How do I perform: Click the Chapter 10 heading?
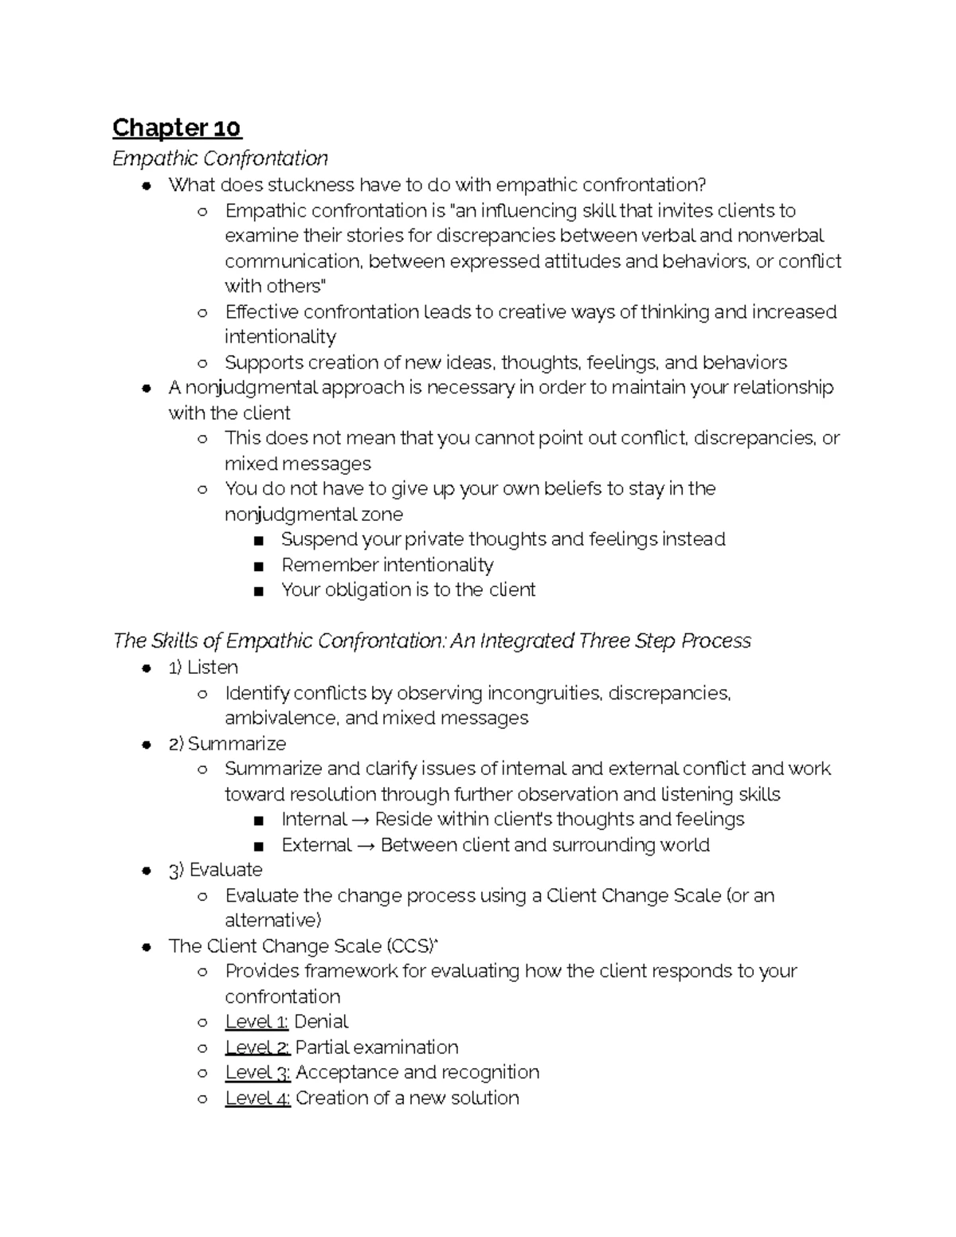point(177,127)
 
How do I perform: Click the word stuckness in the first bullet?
point(311,186)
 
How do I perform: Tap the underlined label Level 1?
point(257,1022)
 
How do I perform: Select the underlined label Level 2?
point(257,1047)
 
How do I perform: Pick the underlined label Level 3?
point(257,1073)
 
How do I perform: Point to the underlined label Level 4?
point(257,1098)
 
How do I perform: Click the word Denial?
point(321,1022)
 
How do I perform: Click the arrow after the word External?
point(366,845)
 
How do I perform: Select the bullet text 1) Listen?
point(203,667)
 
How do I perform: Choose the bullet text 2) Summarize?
point(227,744)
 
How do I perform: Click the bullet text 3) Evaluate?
point(215,870)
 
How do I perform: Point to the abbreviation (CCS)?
point(413,946)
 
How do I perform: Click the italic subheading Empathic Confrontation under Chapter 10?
point(220,159)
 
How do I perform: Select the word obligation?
point(367,590)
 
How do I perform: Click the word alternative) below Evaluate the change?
point(272,921)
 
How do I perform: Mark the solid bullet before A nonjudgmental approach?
point(147,389)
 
